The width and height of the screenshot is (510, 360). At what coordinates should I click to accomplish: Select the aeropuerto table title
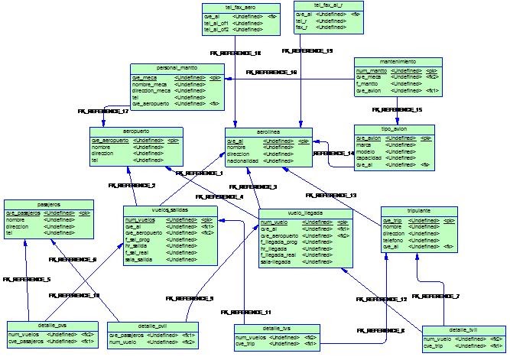(135, 131)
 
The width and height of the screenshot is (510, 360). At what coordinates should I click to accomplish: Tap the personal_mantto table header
(177, 67)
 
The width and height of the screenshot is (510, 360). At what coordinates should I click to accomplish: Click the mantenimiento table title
(397, 60)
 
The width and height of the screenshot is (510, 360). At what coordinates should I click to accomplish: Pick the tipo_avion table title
(395, 129)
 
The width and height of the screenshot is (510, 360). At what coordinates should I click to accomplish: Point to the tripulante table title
(419, 210)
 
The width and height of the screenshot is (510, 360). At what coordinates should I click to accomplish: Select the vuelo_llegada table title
(304, 213)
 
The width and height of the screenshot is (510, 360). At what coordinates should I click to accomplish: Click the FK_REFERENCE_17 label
(103, 112)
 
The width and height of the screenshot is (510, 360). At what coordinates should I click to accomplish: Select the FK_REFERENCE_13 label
(331, 196)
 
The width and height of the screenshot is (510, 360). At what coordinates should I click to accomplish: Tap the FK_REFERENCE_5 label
(27, 280)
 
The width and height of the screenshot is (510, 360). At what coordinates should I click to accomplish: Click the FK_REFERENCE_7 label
(440, 295)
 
